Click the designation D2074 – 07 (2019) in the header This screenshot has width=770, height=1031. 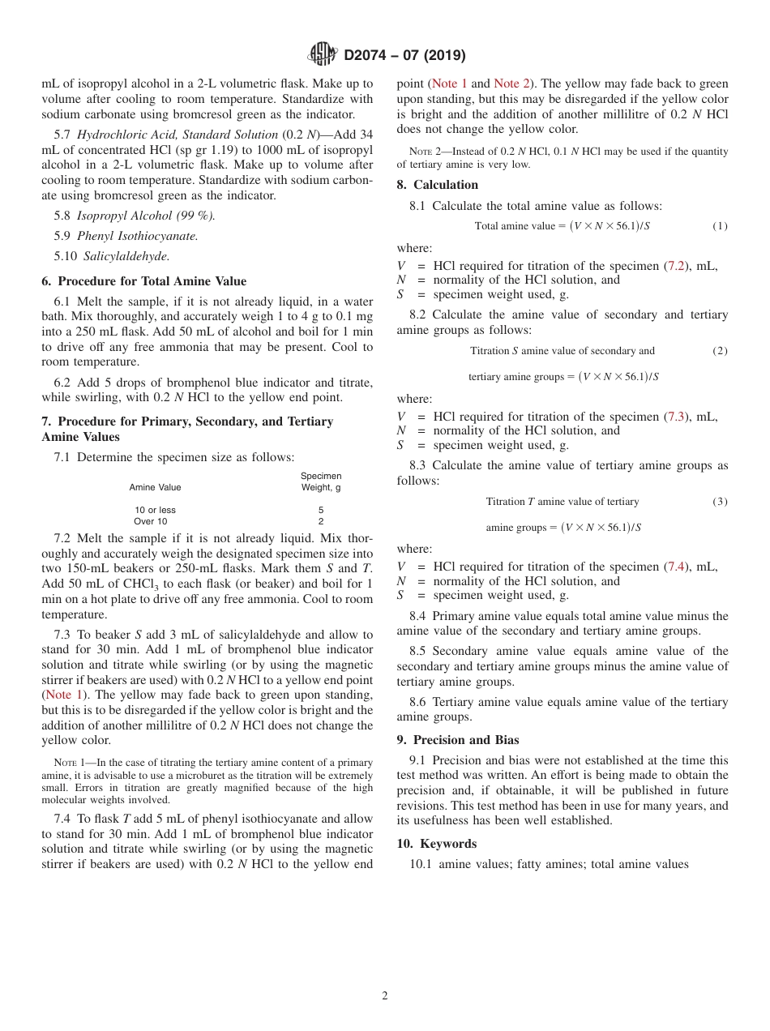404,56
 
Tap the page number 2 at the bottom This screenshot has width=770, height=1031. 385,996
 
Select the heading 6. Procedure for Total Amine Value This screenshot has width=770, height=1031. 143,281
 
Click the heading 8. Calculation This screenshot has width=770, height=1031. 437,185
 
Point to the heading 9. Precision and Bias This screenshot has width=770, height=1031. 457,739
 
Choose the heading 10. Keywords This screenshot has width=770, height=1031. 435,843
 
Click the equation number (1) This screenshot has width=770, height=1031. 719,226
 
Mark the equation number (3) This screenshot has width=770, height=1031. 719,502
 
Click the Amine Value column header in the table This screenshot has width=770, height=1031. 155,487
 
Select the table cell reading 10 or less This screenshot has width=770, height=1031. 155,510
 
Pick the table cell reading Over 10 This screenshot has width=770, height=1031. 150,521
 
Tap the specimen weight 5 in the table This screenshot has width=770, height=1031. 321,510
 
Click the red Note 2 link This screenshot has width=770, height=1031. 511,83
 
